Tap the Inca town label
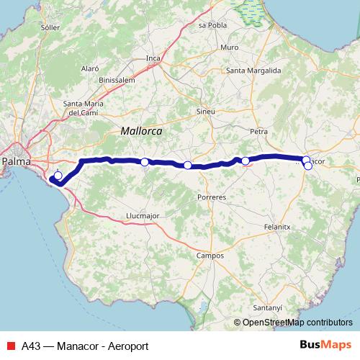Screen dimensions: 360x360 click(153, 58)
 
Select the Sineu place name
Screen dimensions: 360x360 click(206, 112)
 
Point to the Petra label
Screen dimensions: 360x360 click(258, 132)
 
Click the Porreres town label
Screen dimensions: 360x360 click(211, 196)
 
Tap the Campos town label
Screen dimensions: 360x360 click(210, 255)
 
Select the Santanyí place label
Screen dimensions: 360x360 click(267, 307)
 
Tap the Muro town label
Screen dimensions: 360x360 click(230, 47)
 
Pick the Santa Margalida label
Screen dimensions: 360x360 click(253, 71)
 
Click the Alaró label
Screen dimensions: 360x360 click(90, 68)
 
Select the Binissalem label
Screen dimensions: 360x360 click(117, 80)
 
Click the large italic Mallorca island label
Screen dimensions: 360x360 click(141, 132)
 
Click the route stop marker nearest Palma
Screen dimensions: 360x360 click(58, 175)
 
